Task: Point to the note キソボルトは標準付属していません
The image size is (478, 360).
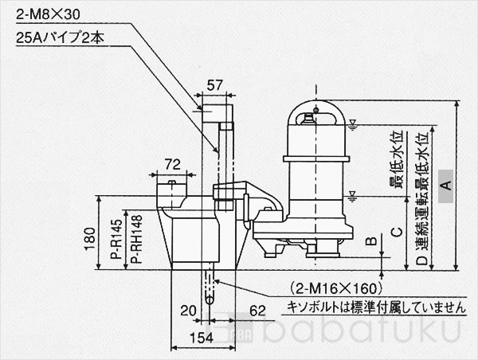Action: click(372, 305)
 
